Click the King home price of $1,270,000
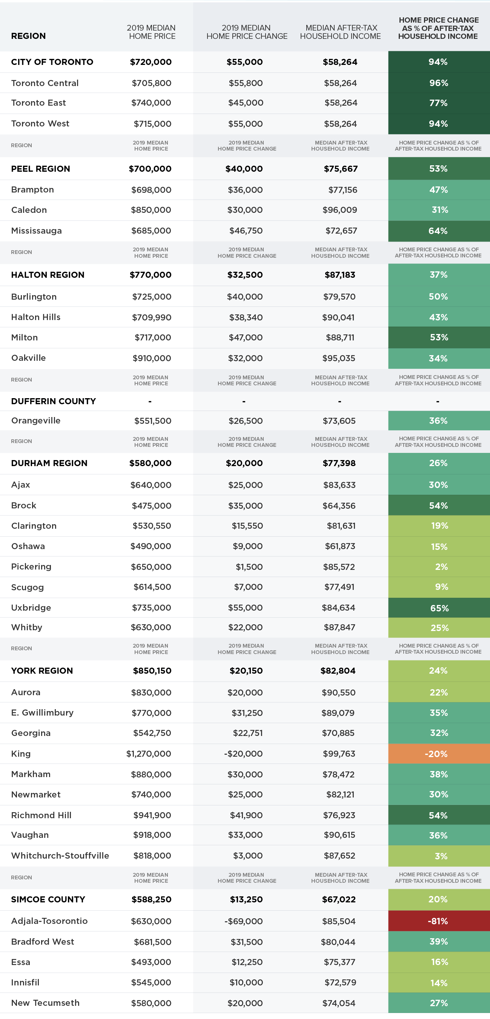pyautogui.click(x=149, y=754)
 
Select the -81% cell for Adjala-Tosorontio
pyautogui.click(x=439, y=920)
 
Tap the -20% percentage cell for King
pyautogui.click(x=439, y=754)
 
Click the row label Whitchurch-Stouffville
pyautogui.click(x=60, y=855)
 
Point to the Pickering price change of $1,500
pyautogui.click(x=249, y=567)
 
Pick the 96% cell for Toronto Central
pyautogui.click(x=439, y=83)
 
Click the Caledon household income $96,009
pyautogui.click(x=340, y=210)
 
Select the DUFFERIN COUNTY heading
pyautogui.click(x=54, y=401)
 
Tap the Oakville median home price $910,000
pyautogui.click(x=152, y=358)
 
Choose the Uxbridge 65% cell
pyautogui.click(x=439, y=608)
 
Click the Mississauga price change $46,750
pyautogui.click(x=246, y=231)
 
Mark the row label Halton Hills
pyautogui.click(x=36, y=317)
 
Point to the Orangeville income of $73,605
pyautogui.click(x=339, y=421)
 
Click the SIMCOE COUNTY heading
pyautogui.click(x=48, y=899)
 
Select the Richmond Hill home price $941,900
pyautogui.click(x=152, y=815)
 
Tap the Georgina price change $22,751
pyautogui.click(x=247, y=733)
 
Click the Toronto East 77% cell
pyautogui.click(x=439, y=103)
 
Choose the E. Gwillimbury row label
pyautogui.click(x=42, y=713)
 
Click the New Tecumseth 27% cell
pyautogui.click(x=439, y=1003)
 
